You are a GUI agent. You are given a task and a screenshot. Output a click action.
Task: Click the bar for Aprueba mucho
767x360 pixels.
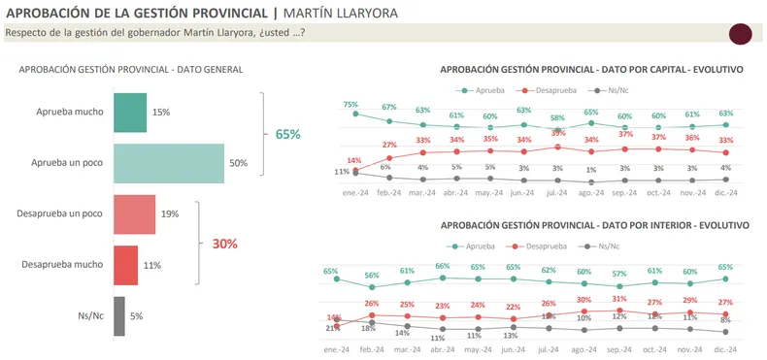coord(130,113)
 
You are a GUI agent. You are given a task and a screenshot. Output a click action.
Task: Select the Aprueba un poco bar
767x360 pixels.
coord(169,163)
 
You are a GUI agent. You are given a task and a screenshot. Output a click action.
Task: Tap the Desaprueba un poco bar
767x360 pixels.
coord(135,213)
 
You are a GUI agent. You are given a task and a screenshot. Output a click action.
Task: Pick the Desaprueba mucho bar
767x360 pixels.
coord(125,265)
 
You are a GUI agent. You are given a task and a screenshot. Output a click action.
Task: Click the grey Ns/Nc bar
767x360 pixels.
coord(119,315)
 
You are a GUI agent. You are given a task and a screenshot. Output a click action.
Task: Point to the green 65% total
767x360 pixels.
coord(287,135)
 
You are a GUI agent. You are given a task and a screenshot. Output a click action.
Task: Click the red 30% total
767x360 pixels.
coord(224,244)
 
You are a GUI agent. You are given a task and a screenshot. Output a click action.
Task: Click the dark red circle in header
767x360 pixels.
coord(740,34)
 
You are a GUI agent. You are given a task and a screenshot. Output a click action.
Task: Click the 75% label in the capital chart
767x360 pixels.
coord(350,105)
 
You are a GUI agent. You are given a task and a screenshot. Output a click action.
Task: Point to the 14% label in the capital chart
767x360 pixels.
coord(354,160)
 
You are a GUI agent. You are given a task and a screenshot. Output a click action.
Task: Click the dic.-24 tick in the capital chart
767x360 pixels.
coord(725,193)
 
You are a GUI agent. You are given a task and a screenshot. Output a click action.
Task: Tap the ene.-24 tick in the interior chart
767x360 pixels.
coord(337,348)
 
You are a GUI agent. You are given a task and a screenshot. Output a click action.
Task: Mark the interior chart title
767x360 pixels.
coord(594,225)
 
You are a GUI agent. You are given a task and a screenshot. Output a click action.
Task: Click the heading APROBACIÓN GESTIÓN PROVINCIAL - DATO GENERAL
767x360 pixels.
coord(131,70)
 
